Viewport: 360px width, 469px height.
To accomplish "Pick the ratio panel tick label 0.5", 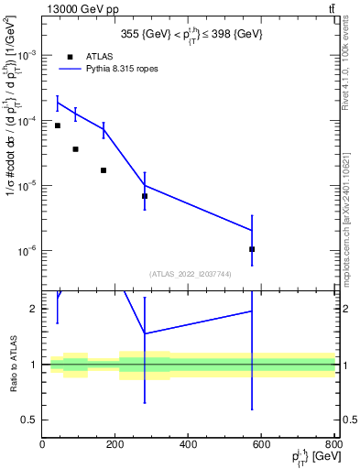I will (x=31, y=420).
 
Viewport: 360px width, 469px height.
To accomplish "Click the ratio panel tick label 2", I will (x=35, y=309).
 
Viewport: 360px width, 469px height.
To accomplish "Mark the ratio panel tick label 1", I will (x=35, y=365).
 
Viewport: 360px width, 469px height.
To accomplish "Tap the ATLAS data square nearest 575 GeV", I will (x=252, y=249).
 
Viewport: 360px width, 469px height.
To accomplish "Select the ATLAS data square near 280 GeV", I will (x=145, y=196).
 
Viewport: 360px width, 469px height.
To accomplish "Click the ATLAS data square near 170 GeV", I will (x=104, y=170).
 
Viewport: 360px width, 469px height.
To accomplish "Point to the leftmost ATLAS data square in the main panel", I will (x=58, y=125).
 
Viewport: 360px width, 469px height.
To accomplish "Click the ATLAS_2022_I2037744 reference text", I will (x=189, y=274).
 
